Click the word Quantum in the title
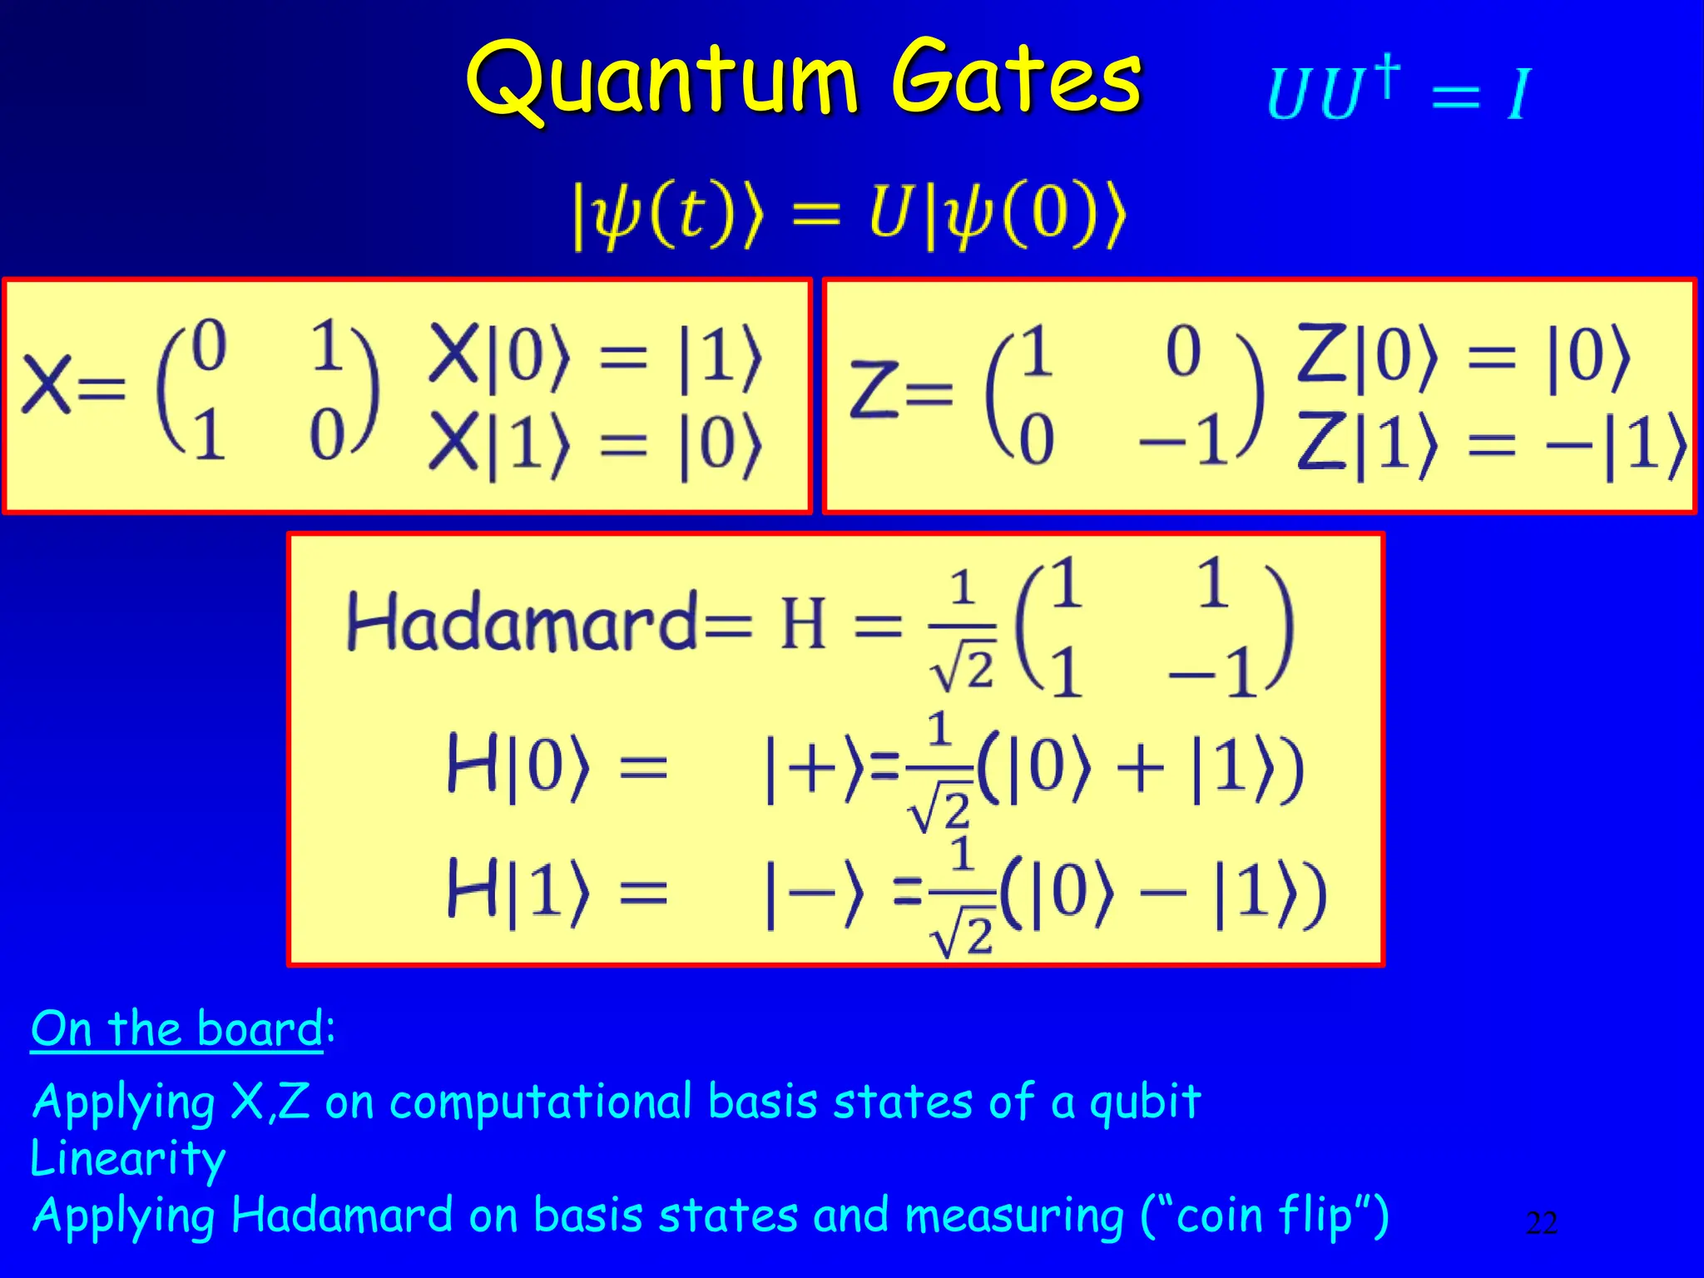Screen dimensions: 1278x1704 tap(661, 81)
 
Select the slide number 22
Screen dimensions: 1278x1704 tap(1541, 1222)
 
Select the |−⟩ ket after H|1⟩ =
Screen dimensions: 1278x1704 tap(815, 894)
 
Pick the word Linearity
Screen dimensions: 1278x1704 tap(127, 1157)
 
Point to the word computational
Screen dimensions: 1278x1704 tap(541, 1102)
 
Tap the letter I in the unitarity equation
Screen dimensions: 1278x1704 tap(1518, 94)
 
